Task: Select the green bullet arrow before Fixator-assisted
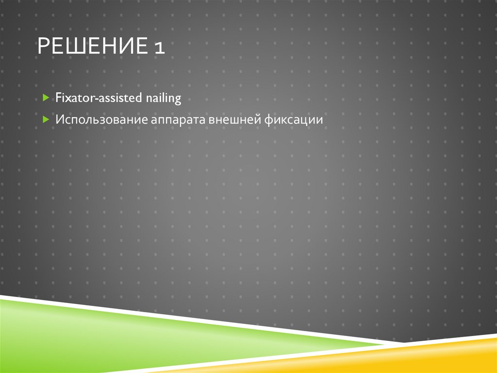[45, 98]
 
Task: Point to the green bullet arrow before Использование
[45, 119]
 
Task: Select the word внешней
[235, 119]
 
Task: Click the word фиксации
[294, 120]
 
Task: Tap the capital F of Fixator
[58, 98]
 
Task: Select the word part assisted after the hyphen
[121, 98]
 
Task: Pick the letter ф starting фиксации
[268, 120]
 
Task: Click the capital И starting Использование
[58, 119]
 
